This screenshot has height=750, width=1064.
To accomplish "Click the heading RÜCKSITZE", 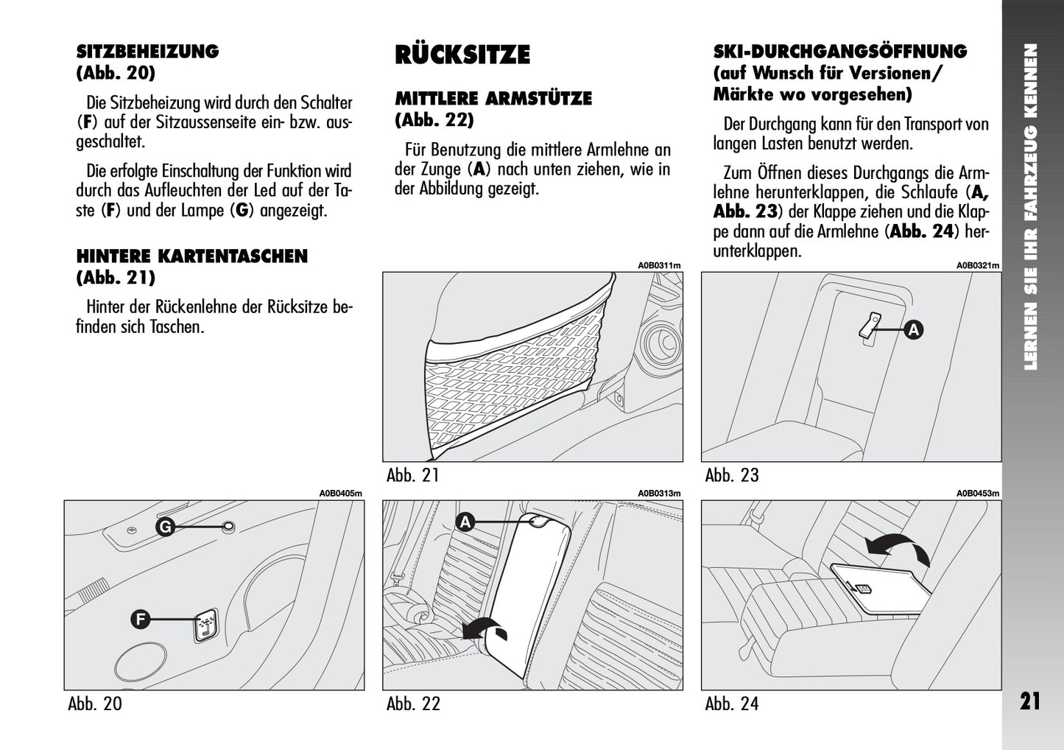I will pyautogui.click(x=462, y=55).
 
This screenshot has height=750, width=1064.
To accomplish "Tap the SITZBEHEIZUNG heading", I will pyautogui.click(x=147, y=52).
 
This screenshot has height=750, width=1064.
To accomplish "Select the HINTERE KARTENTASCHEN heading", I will pyautogui.click(x=191, y=256).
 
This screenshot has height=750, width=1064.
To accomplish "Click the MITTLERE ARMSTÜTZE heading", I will pyautogui.click(x=493, y=98).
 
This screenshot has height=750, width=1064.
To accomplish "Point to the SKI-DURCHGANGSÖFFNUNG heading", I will pyautogui.click(x=839, y=52).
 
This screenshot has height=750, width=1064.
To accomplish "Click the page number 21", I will pyautogui.click(x=1030, y=701).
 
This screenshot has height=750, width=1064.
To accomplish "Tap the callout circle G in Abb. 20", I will pyautogui.click(x=166, y=527).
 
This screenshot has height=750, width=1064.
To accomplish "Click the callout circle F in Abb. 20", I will pyautogui.click(x=140, y=620).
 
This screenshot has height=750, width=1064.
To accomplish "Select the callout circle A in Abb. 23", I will pyautogui.click(x=913, y=329).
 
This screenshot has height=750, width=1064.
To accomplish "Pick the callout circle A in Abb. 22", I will pyautogui.click(x=465, y=522).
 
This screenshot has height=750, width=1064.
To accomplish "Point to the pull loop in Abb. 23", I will pyautogui.click(x=870, y=326).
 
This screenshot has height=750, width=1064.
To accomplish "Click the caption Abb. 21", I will pyautogui.click(x=412, y=475).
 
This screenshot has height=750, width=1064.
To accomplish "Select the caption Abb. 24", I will pyautogui.click(x=731, y=704).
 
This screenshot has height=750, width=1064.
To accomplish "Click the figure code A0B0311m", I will pyautogui.click(x=659, y=266).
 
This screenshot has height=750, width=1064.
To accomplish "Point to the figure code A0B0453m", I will pyautogui.click(x=978, y=494).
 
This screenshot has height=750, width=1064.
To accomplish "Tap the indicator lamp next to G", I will pyautogui.click(x=229, y=526).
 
